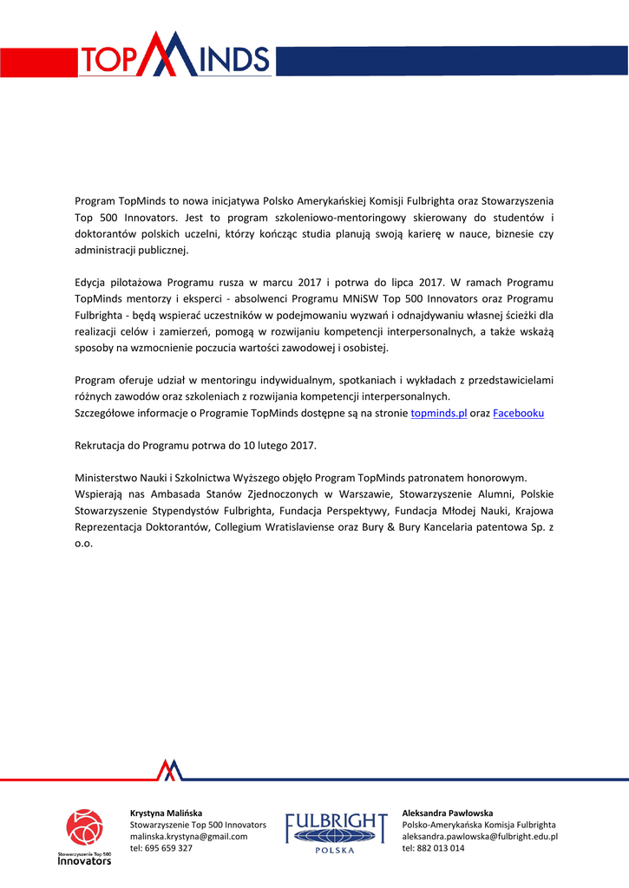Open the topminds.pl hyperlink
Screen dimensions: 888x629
(438, 414)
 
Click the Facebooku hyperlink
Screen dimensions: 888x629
(518, 414)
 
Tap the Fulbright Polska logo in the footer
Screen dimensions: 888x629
(337, 833)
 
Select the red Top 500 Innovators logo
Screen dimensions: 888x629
(84, 836)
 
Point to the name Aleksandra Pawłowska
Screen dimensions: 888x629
(447, 813)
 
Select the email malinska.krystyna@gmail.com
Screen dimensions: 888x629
(188, 836)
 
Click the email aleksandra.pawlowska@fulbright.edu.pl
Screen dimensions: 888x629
(480, 836)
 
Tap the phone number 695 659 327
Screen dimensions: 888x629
(168, 848)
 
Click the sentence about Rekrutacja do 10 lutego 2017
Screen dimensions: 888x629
(196, 446)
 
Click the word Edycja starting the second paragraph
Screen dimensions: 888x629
(93, 283)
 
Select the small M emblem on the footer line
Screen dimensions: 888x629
(170, 769)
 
